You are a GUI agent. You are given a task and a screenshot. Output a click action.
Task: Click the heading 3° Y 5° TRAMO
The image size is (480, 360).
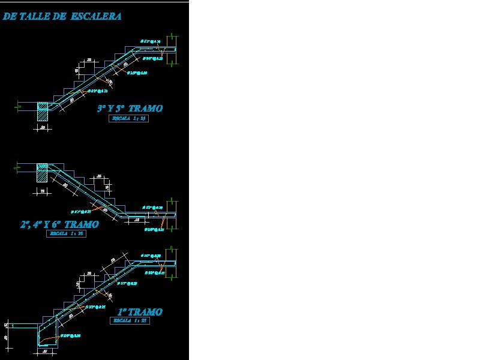coord(130,109)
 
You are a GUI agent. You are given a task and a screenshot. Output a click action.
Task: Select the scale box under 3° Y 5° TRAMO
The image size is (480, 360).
coord(128,119)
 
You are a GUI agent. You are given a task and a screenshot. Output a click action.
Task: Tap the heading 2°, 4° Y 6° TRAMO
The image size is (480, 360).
coord(59,224)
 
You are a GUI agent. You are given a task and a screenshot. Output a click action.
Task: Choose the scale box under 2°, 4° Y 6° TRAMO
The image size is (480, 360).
coord(66,234)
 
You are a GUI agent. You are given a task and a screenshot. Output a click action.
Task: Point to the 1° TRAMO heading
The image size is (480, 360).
coord(140,312)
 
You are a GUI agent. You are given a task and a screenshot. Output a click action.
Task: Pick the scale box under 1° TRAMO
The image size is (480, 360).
coord(128,321)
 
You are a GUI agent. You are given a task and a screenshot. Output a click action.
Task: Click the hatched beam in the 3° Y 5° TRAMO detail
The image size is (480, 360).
coord(43,112)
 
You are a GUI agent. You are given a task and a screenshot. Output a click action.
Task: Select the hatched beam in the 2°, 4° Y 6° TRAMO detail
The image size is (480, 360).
coord(43,172)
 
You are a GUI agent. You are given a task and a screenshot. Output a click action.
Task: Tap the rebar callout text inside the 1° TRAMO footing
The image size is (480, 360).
coord(69,335)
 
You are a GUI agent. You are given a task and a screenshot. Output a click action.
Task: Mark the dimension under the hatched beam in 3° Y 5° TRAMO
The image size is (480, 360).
coord(43,128)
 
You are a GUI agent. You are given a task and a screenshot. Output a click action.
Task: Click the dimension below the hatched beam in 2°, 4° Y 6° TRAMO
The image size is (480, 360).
coord(42,191)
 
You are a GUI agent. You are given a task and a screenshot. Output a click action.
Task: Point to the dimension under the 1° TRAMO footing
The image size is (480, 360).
coord(46,352)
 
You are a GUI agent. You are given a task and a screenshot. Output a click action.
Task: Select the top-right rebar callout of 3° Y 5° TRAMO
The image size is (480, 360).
coord(151,41)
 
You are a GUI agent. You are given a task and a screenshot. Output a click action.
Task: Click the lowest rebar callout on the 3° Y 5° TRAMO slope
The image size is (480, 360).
coord(98,91)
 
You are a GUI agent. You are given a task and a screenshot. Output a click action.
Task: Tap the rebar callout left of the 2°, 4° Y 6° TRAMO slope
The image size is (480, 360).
coord(80,212)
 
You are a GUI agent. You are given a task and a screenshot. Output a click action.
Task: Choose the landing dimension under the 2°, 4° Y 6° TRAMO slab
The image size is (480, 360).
coord(137,220)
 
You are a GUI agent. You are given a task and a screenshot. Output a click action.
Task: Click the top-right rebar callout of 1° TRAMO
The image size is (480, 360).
coord(151,256)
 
